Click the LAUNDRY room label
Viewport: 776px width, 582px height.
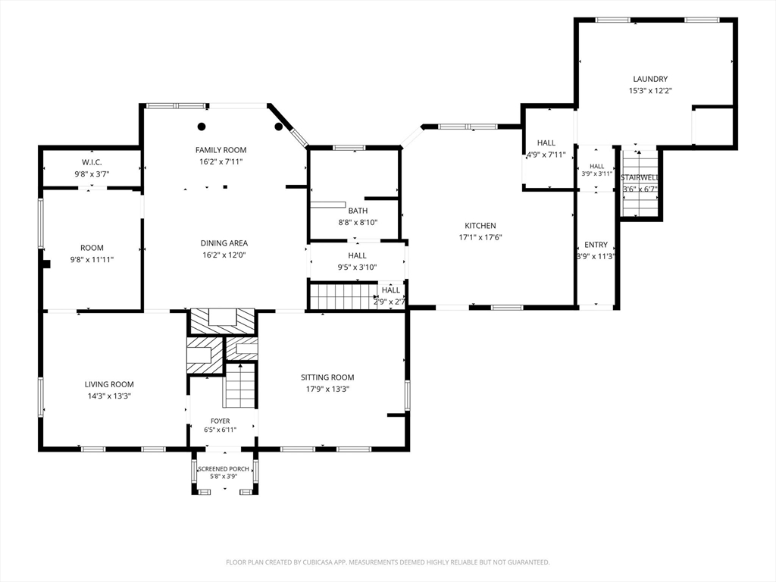click(x=650, y=79)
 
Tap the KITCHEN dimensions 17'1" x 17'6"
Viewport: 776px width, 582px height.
click(x=480, y=237)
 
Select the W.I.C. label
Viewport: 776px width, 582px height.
click(x=92, y=162)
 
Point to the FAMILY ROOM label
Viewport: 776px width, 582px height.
click(x=221, y=150)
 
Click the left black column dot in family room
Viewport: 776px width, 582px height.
click(x=202, y=127)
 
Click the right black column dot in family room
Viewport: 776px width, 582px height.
click(x=279, y=127)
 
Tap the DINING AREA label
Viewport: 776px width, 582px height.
click(x=224, y=243)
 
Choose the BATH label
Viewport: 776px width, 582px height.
click(x=358, y=211)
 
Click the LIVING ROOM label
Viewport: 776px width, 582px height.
click(x=109, y=384)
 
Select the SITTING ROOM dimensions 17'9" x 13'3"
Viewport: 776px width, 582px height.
click(x=327, y=389)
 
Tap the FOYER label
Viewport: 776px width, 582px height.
click(x=221, y=421)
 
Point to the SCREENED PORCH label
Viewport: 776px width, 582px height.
click(x=224, y=468)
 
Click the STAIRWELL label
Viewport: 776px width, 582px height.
click(x=640, y=177)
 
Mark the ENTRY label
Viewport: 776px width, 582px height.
click(x=596, y=245)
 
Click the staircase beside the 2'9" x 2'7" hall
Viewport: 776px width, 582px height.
click(x=342, y=296)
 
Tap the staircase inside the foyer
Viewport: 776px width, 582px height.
click(x=240, y=386)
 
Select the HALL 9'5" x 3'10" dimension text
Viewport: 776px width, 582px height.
click(x=358, y=268)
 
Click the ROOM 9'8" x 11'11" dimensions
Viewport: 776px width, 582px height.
click(x=92, y=259)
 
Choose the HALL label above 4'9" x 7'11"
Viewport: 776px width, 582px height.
click(x=546, y=142)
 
